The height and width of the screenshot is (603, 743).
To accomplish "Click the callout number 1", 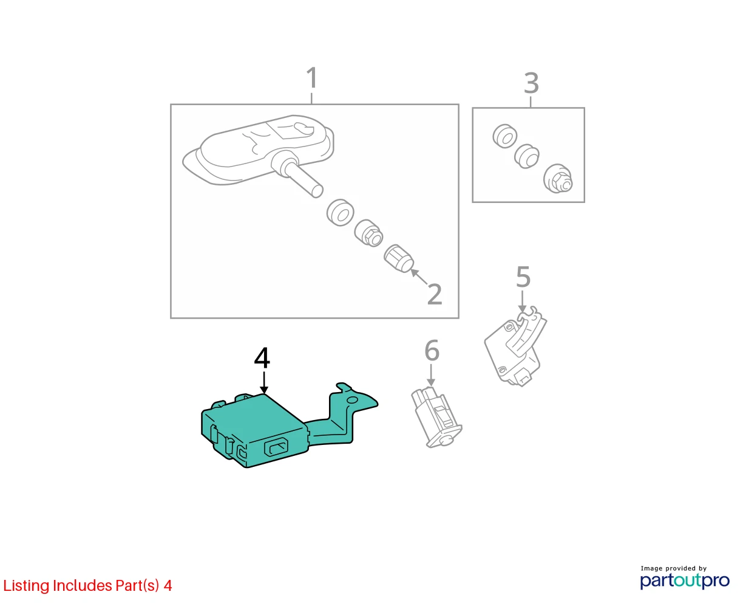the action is (x=311, y=78).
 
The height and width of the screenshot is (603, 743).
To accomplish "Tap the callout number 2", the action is (x=434, y=294).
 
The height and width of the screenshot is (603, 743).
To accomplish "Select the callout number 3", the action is (x=531, y=83).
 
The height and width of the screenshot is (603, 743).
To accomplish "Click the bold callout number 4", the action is (x=262, y=357).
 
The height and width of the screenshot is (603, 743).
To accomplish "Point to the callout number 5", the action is (x=523, y=277).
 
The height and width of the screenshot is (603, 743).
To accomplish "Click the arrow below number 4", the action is (x=264, y=382).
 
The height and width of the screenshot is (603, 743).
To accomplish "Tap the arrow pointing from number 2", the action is (x=419, y=277).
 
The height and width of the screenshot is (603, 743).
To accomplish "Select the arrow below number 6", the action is (x=431, y=375).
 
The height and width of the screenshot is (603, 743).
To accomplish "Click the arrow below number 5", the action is (x=522, y=301).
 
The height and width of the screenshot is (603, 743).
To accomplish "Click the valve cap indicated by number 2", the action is (x=398, y=258).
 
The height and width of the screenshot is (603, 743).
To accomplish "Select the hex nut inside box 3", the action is (x=558, y=179).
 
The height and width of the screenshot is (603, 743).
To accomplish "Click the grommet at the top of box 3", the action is (x=505, y=136).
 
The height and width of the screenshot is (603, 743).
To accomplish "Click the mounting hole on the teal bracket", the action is (x=353, y=400).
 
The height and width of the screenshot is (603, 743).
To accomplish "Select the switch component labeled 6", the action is (x=436, y=417).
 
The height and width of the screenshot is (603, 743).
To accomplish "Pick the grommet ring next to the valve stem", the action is (x=340, y=213).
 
